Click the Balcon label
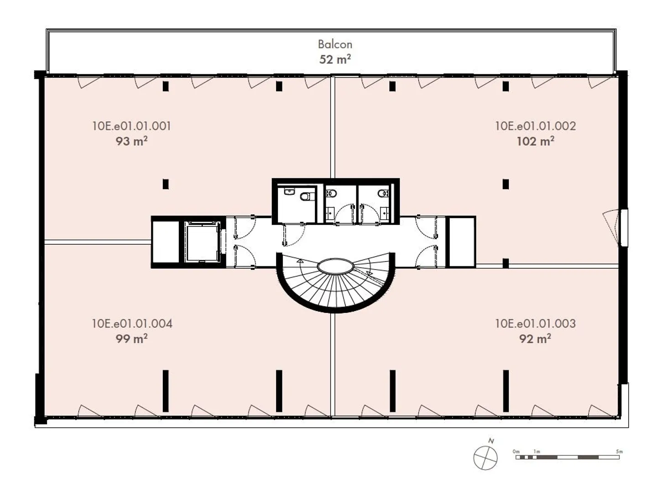[335, 44]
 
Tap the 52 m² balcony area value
[335, 59]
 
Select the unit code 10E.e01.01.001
[131, 126]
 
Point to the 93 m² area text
[131, 141]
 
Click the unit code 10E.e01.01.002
[535, 126]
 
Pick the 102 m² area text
[535, 141]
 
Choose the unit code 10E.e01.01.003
[535, 323]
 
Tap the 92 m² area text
[535, 339]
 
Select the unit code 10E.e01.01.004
[132, 323]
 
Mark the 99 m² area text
[131, 339]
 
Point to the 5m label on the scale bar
[619, 452]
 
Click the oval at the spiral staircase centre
[335, 266]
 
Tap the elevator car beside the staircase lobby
[203, 242]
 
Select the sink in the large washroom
[289, 192]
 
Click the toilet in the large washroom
[307, 197]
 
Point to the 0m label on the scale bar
[516, 452]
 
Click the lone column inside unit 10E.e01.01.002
[506, 184]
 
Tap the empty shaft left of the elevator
[165, 242]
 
